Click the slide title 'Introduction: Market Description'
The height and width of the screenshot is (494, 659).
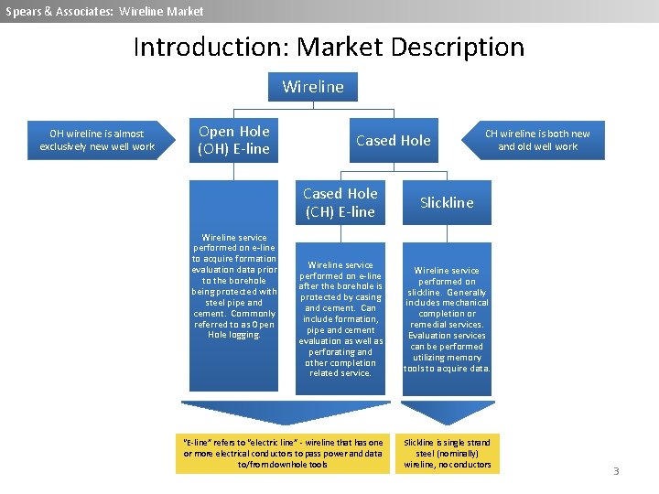pyautogui.click(x=329, y=47)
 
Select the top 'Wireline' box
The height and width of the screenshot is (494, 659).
pyautogui.click(x=313, y=87)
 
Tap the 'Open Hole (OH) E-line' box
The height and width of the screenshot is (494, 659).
pyautogui.click(x=234, y=140)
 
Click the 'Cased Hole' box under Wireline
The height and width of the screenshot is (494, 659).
pyautogui.click(x=393, y=140)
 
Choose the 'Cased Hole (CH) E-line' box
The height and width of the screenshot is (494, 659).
pyautogui.click(x=340, y=202)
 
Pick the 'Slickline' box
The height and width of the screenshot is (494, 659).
pyautogui.click(x=447, y=202)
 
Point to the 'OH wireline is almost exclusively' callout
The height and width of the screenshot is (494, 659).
pyautogui.click(x=97, y=140)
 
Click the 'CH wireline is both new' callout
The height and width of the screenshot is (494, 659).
pyautogui.click(x=537, y=140)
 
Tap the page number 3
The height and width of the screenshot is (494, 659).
pyautogui.click(x=616, y=471)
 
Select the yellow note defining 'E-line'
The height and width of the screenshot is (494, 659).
pyautogui.click(x=283, y=453)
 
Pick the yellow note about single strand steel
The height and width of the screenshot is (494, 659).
pyautogui.click(x=447, y=453)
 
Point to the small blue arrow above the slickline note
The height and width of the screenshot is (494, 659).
pyautogui.click(x=447, y=411)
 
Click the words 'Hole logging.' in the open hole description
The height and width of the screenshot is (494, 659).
pyautogui.click(x=234, y=335)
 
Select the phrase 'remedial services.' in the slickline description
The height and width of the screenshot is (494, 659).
pyautogui.click(x=447, y=325)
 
